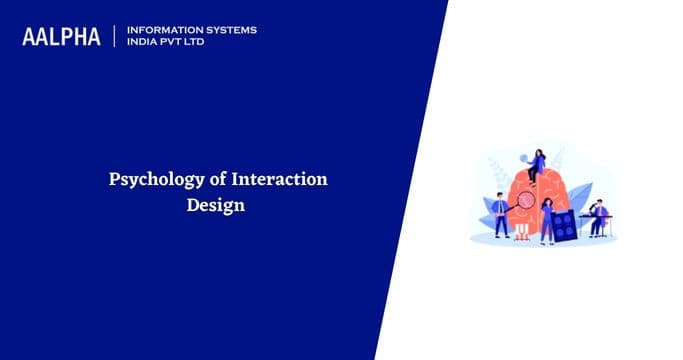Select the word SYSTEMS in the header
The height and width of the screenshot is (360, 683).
[x=226, y=30]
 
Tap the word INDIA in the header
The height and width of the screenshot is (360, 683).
[x=142, y=43]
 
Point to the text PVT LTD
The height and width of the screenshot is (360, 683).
[x=187, y=43]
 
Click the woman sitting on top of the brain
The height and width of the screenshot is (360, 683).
[x=538, y=165]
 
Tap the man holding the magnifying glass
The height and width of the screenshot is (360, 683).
[x=500, y=213]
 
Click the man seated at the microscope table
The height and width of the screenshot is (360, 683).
[x=599, y=216]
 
